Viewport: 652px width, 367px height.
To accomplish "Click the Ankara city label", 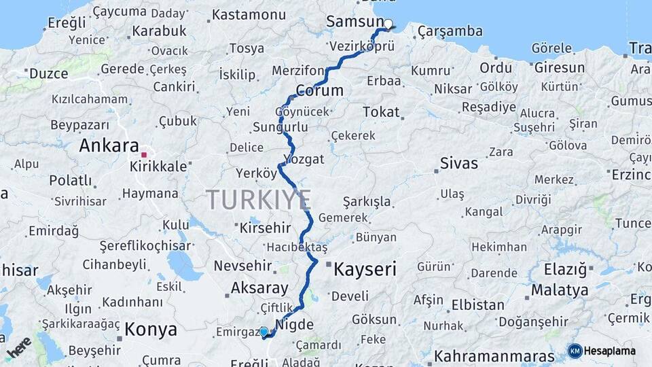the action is click(x=109, y=145).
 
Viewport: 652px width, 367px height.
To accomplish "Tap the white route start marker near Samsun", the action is click(x=388, y=24).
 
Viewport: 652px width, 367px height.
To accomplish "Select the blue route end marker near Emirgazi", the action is click(x=264, y=332).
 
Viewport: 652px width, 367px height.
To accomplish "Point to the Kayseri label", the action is click(x=365, y=269).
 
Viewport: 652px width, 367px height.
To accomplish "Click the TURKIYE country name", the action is click(x=259, y=200).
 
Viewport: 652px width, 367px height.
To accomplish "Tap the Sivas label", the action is click(x=459, y=164).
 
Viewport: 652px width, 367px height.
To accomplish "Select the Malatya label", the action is click(x=560, y=290).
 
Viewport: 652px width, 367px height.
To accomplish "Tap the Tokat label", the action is click(x=381, y=111).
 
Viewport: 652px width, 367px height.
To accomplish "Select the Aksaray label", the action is click(x=259, y=287).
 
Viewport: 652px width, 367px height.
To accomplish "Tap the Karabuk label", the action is click(x=159, y=31).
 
